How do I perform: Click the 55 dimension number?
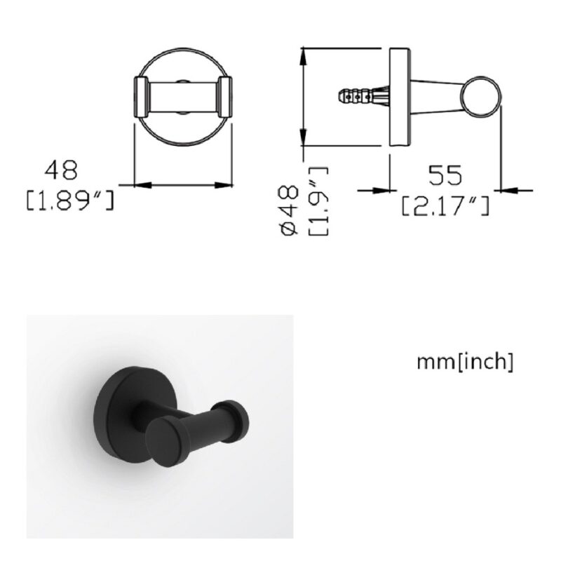click(445, 175)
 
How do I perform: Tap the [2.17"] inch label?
click(445, 205)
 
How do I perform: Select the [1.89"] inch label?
click(70, 201)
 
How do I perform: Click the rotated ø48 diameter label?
click(289, 210)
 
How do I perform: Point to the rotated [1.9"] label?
click(318, 201)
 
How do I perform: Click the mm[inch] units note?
click(465, 361)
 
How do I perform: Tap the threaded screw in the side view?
click(363, 96)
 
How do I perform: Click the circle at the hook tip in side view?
click(481, 97)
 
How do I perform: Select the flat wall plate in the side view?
click(400, 97)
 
